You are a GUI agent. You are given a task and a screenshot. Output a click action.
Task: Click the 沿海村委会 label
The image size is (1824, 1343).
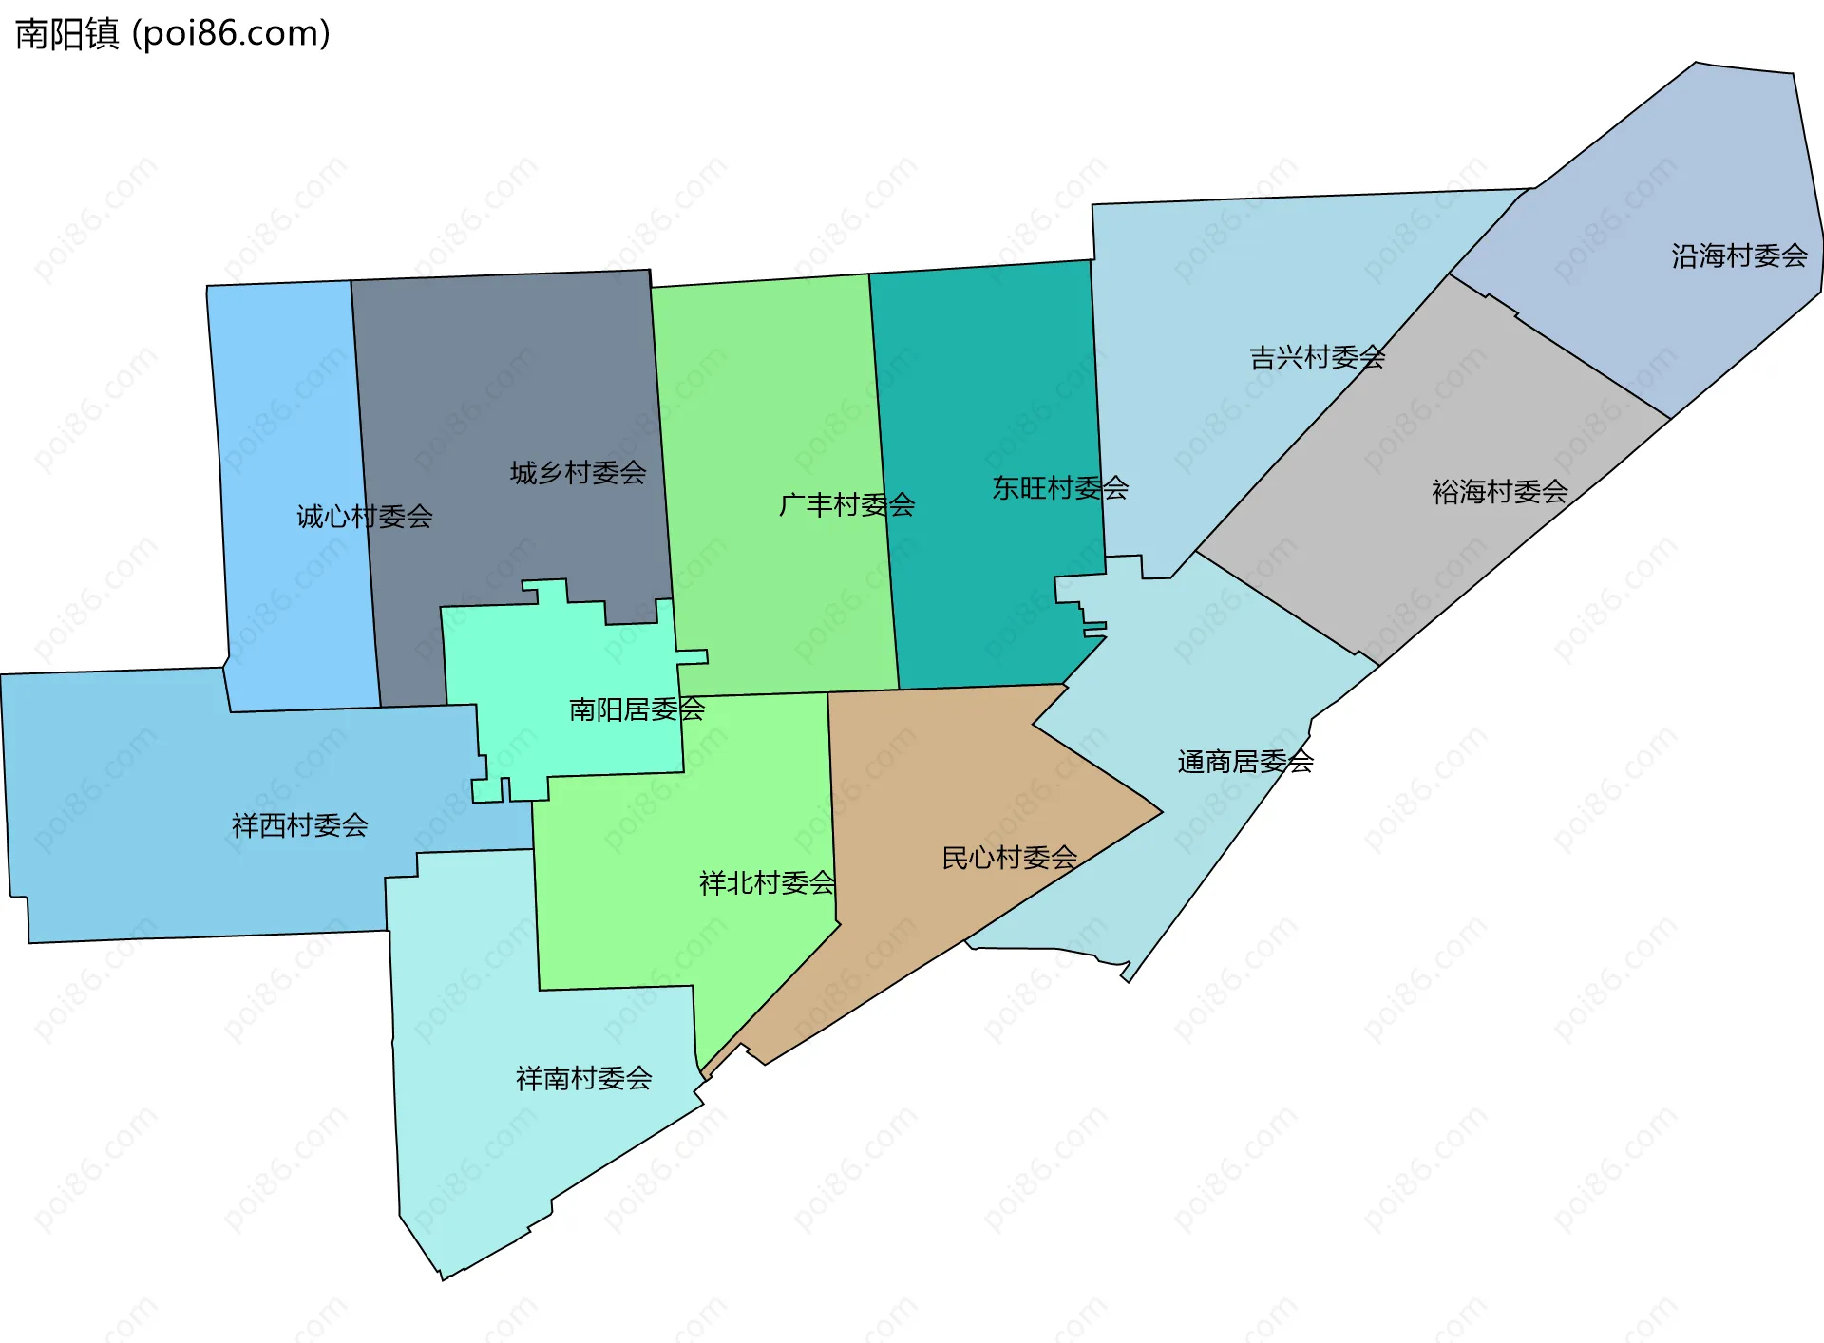(1739, 256)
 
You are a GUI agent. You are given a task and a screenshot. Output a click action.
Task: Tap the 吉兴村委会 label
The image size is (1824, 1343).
(1317, 358)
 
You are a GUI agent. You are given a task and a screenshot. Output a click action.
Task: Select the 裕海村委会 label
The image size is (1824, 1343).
(1499, 492)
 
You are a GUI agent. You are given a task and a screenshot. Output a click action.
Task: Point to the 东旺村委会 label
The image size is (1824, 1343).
(1060, 488)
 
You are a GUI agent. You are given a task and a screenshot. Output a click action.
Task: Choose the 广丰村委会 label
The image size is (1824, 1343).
(846, 505)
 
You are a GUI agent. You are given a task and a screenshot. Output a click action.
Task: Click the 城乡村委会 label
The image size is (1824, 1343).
(578, 473)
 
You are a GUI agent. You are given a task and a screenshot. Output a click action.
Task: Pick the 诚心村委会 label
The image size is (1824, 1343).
(365, 517)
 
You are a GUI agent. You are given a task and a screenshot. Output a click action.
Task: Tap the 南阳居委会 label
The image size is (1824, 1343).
(636, 709)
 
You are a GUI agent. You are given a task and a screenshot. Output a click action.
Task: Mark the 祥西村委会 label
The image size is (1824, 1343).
(300, 825)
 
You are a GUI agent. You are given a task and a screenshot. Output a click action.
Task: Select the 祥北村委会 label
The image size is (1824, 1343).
(767, 883)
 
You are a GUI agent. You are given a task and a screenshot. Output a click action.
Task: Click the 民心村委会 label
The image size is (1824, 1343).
(1009, 859)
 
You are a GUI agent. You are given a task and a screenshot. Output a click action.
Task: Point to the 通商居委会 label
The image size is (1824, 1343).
(1245, 762)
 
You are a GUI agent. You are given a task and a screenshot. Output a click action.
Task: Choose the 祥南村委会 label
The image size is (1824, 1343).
(583, 1078)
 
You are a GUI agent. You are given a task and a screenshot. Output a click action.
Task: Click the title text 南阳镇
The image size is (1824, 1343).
(67, 34)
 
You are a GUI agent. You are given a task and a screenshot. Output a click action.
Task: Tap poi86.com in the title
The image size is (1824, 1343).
(232, 34)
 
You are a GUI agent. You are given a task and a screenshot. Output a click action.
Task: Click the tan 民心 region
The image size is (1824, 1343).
(940, 779)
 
